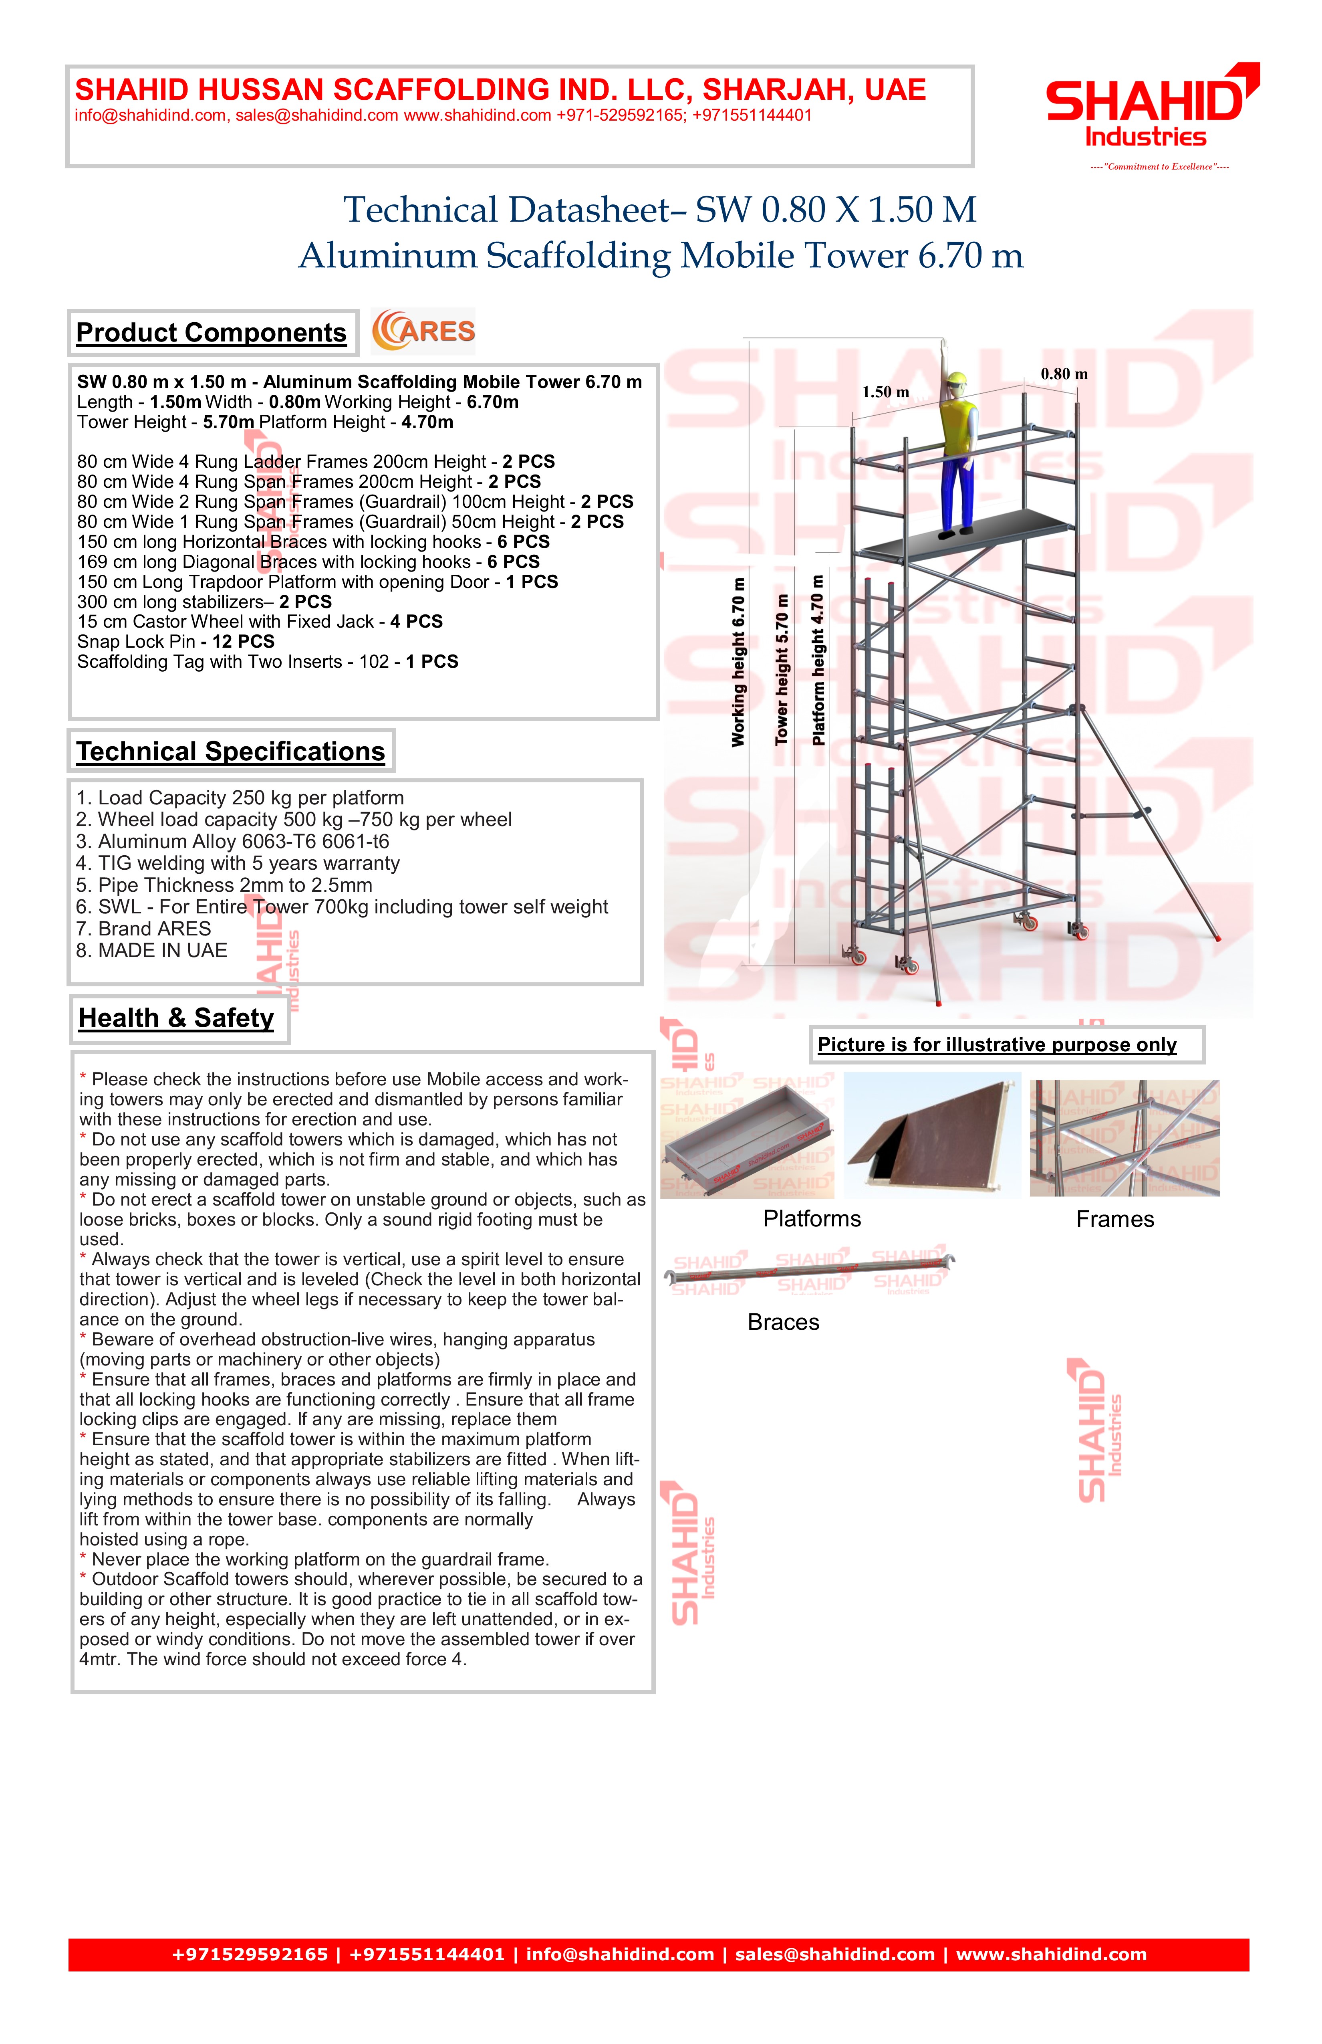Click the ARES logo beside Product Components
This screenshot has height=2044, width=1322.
pos(423,331)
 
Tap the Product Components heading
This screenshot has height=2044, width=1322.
pos(211,333)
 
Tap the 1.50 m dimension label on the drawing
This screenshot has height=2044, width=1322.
pos(885,392)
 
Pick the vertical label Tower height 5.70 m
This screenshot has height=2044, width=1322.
pos(781,670)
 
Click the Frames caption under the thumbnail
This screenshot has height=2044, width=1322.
pos(1114,1220)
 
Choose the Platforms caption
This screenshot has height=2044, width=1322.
pos(811,1220)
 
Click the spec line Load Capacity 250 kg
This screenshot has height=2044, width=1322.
pos(240,798)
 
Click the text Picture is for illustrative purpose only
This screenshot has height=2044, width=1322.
pos(997,1045)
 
